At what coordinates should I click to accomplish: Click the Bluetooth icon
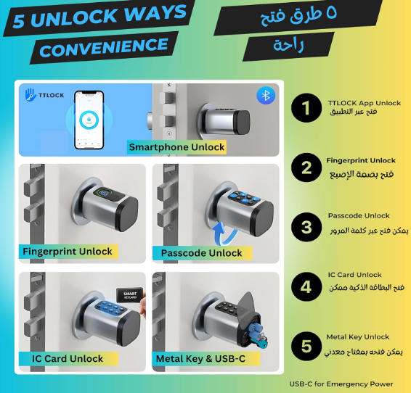point(266,96)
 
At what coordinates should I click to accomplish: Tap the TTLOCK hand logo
point(30,95)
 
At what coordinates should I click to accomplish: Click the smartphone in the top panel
point(89,120)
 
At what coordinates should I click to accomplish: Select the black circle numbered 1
point(306,107)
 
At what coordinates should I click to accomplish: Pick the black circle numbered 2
point(306,167)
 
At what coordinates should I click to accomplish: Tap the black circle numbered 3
point(306,227)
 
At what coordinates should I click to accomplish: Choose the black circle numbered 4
point(306,286)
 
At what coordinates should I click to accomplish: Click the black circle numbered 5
point(306,346)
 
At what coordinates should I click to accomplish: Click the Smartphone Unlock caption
point(176,147)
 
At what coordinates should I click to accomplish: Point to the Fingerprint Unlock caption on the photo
point(68,252)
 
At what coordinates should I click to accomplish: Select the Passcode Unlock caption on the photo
point(202,253)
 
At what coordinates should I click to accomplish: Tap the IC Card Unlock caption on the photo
point(68,358)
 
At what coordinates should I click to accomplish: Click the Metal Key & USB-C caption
point(201,358)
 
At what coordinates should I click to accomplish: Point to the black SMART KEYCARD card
point(130,296)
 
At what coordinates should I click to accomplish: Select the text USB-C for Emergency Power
point(341,384)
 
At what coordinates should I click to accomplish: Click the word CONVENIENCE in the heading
point(104,48)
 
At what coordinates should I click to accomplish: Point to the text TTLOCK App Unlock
point(364,103)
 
